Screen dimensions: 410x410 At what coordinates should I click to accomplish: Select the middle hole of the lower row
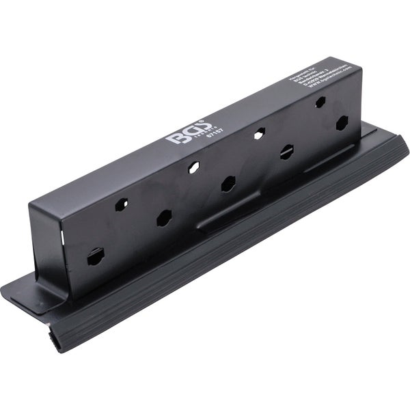pos(228,184)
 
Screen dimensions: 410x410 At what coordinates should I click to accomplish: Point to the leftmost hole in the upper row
pos(123,203)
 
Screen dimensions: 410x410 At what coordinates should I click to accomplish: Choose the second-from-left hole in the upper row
pos(194,166)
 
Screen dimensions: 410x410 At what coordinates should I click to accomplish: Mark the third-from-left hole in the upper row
pos(258,134)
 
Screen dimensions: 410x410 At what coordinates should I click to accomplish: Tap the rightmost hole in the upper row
pos(319,102)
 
